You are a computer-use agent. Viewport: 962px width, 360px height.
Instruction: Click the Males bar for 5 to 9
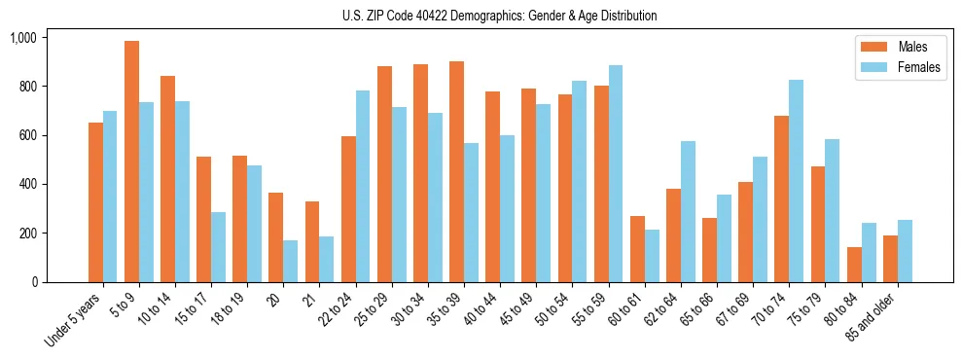131,162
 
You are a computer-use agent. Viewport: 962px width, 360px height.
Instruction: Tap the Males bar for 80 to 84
827,265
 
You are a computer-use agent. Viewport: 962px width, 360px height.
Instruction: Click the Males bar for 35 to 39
456,171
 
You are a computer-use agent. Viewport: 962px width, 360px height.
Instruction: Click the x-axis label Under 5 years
72,321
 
